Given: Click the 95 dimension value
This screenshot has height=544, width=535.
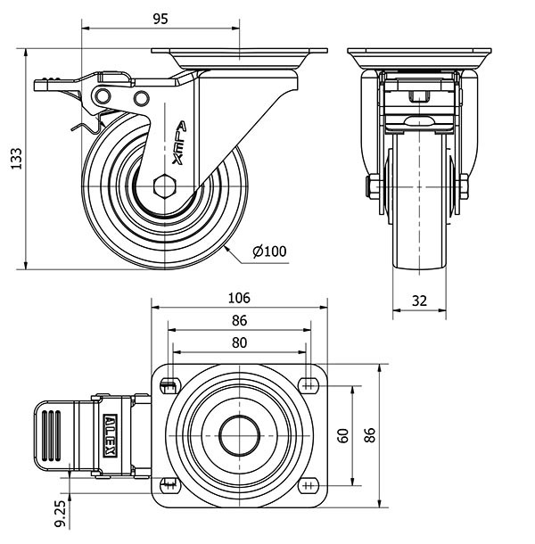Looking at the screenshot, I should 160,17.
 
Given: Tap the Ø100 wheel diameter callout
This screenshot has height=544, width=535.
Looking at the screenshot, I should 269,252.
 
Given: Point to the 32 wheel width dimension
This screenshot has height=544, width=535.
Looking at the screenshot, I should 418,301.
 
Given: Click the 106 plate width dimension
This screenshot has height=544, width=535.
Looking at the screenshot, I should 239,298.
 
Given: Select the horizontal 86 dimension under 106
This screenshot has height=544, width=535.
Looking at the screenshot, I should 239,321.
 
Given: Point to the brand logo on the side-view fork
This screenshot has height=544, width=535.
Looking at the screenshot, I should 177,142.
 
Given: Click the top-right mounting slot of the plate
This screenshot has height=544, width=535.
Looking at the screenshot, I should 309,385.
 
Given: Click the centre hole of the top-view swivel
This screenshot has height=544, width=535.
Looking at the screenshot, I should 239,434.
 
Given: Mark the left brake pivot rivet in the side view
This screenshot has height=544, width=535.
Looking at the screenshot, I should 105,95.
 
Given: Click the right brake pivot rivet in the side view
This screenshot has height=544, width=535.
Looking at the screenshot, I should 140,96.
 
